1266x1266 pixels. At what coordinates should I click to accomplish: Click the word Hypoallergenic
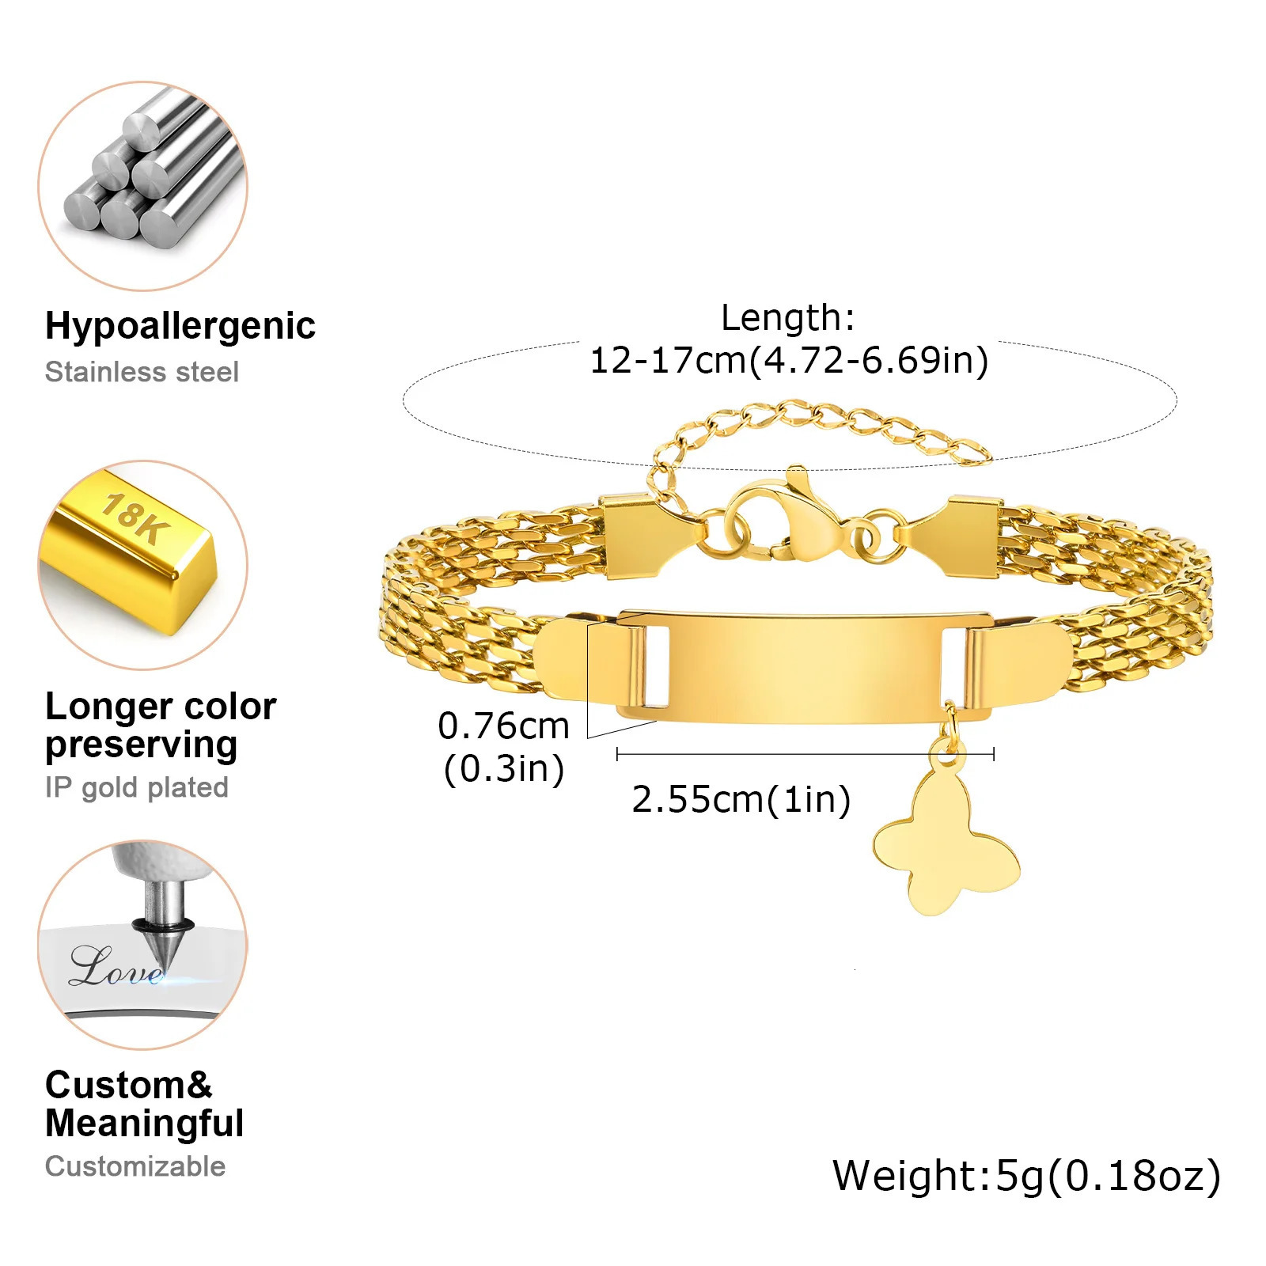click(180, 325)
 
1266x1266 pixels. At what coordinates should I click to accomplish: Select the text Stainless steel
click(142, 372)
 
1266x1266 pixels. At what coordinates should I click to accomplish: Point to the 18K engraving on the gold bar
click(135, 518)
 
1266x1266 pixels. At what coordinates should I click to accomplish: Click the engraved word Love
click(115, 967)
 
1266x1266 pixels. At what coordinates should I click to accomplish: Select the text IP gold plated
click(136, 787)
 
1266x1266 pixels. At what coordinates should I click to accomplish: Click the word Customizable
click(135, 1166)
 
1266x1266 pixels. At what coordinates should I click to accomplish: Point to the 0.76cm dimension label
click(503, 726)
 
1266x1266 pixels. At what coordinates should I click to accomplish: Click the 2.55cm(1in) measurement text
click(741, 799)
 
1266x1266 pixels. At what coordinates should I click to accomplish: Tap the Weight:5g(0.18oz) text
click(1026, 1176)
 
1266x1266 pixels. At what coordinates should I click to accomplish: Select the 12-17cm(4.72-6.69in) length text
click(789, 360)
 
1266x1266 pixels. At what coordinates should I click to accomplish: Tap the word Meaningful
click(144, 1124)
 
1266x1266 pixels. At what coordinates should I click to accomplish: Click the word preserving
click(141, 745)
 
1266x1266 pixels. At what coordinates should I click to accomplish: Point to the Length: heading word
click(787, 318)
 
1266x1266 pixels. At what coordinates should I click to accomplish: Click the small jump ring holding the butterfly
click(950, 717)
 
